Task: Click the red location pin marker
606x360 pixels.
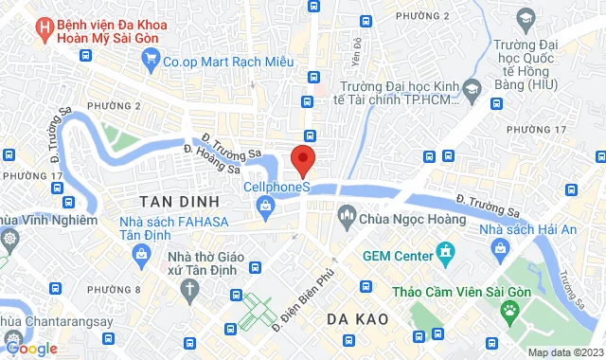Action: point(302,159)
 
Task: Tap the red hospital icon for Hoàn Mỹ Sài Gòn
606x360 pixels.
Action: point(43,29)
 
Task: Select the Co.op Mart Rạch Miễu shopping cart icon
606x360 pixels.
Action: point(151,59)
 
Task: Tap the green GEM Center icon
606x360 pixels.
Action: point(443,252)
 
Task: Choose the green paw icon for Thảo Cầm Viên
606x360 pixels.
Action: point(511,309)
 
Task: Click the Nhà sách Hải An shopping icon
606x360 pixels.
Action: point(500,247)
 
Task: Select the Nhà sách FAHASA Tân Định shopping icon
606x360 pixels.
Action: point(141,253)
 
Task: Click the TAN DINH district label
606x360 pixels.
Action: point(179,202)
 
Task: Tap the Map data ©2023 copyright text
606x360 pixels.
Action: point(563,352)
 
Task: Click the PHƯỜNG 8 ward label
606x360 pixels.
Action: point(112,290)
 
